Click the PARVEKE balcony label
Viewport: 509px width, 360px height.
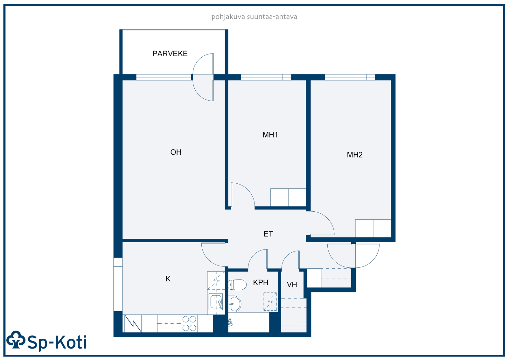pyautogui.click(x=170, y=54)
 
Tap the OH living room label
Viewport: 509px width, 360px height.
pyautogui.click(x=176, y=152)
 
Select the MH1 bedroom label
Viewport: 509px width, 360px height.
pyautogui.click(x=270, y=135)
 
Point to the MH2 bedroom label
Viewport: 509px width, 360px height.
pyautogui.click(x=354, y=155)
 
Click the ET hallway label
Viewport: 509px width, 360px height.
pyautogui.click(x=268, y=234)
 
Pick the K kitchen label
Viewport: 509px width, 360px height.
pyautogui.click(x=168, y=279)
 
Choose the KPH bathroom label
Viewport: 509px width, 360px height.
pyautogui.click(x=261, y=282)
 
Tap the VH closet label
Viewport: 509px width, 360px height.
pyautogui.click(x=292, y=285)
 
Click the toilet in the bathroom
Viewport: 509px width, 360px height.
pyautogui.click(x=237, y=285)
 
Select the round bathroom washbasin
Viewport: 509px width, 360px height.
pyautogui.click(x=234, y=304)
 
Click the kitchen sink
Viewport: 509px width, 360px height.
pyautogui.click(x=215, y=301)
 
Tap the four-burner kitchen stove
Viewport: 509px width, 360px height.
pyautogui.click(x=189, y=323)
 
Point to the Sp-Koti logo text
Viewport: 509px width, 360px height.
pyautogui.click(x=57, y=342)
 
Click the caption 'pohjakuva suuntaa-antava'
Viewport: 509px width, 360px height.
pyautogui.click(x=254, y=17)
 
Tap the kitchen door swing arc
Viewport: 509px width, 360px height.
pyautogui.click(x=209, y=259)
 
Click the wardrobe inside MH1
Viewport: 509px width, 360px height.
pyautogui.click(x=288, y=197)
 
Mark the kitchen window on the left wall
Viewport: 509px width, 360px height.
pyautogui.click(x=118, y=284)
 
